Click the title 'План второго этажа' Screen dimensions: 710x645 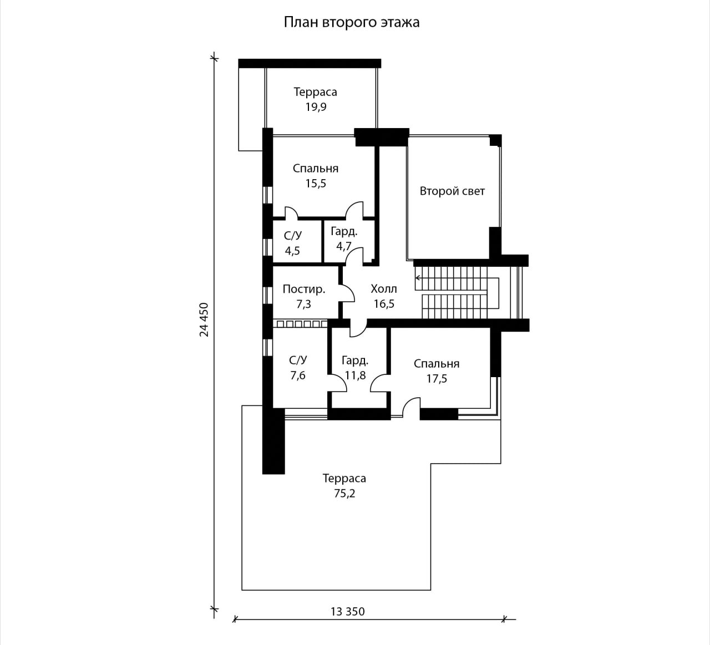(352, 22)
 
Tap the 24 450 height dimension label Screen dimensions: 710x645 (204, 319)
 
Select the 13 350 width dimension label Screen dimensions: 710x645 (348, 611)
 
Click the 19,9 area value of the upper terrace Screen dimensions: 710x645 (316, 107)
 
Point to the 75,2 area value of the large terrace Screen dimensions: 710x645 (344, 494)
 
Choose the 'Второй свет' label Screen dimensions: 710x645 (452, 191)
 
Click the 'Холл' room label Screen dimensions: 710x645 (384, 289)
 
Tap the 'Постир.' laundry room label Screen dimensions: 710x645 (303, 290)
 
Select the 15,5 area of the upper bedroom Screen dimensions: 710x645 (316, 184)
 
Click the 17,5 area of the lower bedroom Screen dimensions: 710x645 (437, 379)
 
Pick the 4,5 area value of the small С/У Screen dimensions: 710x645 (292, 251)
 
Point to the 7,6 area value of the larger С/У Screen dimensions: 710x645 (298, 375)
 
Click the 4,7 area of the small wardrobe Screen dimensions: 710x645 (343, 246)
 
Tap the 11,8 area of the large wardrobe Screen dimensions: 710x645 (356, 375)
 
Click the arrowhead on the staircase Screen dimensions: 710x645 (418, 278)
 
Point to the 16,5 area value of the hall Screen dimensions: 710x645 (384, 304)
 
